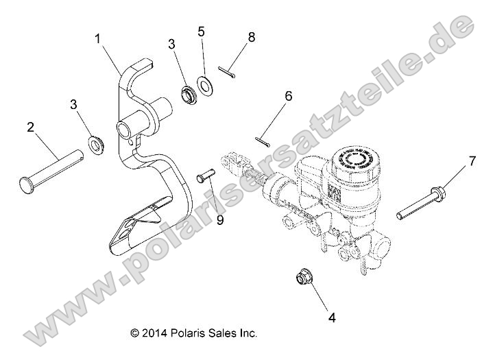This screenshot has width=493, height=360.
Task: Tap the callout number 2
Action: pyautogui.click(x=30, y=127)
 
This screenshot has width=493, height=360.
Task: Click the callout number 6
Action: pyautogui.click(x=288, y=96)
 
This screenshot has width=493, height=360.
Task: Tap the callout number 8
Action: pyautogui.click(x=252, y=37)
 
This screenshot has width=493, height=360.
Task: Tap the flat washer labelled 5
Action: pyautogui.click(x=205, y=85)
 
